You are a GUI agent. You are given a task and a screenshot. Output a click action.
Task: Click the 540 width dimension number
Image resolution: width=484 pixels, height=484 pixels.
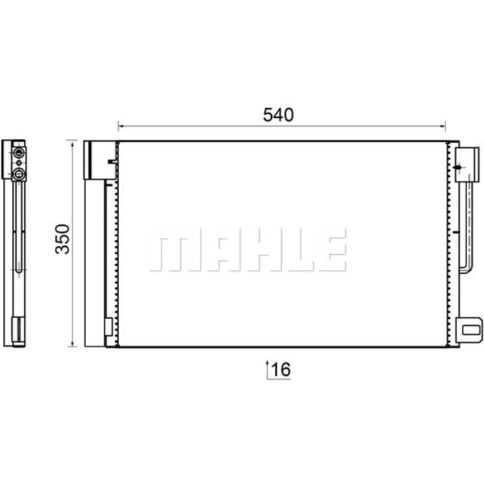(x=278, y=115)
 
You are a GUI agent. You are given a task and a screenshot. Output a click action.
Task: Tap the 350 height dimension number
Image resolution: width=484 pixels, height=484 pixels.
(x=63, y=239)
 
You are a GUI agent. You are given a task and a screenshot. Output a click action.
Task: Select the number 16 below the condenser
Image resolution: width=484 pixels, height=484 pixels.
(x=281, y=369)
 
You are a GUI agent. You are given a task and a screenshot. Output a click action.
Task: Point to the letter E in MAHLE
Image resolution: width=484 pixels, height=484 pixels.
(x=332, y=250)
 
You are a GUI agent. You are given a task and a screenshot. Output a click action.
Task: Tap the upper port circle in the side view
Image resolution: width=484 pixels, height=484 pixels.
(x=19, y=152)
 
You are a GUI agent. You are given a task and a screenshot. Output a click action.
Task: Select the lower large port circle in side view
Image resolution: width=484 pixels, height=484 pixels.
(x=19, y=174)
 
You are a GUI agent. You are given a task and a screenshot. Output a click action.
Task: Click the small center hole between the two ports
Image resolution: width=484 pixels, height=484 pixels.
(x=19, y=163)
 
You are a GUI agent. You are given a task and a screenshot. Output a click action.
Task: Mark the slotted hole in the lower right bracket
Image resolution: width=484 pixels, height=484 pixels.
(x=471, y=330)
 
